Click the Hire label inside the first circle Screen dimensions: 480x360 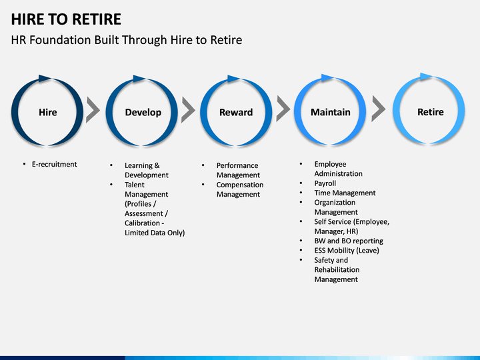pos(48,113)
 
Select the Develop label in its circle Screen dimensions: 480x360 pos(143,113)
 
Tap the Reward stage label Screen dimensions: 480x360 pos(236,113)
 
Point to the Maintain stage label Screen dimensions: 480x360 pos(331,112)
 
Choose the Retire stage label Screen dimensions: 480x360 pos(431,112)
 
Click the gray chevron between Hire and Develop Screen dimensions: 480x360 pos(93,110)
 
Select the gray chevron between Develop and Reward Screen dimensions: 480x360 pos(188,110)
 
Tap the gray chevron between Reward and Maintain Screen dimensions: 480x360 pos(283,109)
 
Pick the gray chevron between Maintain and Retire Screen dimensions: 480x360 pos(379,109)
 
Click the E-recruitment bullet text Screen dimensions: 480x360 pos(55,165)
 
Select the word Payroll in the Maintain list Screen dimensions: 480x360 pos(325,183)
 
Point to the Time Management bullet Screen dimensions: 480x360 pos(345,193)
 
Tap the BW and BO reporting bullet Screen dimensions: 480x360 pos(349,241)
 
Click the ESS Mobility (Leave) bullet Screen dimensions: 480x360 pos(347,251)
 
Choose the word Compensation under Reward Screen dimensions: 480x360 pos(240,185)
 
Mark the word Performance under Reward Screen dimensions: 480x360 pos(237,165)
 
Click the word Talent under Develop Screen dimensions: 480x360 pos(135,185)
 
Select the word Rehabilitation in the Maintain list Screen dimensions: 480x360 pos(337,270)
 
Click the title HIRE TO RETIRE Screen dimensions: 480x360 pos(66,19)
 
